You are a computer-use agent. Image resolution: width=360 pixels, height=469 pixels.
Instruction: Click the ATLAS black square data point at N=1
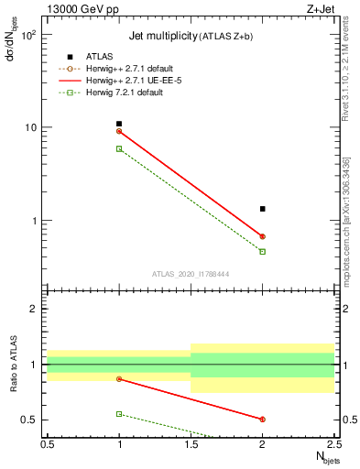pyautogui.click(x=119, y=124)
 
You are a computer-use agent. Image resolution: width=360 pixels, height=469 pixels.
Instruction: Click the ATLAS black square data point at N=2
pyautogui.click(x=263, y=209)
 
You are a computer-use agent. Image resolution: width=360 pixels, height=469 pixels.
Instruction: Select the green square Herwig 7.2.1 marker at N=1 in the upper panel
pyautogui.click(x=119, y=148)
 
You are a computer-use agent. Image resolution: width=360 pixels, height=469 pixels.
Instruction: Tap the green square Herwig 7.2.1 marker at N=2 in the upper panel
pyautogui.click(x=263, y=251)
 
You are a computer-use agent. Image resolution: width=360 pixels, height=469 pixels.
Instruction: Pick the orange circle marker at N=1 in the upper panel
pyautogui.click(x=119, y=131)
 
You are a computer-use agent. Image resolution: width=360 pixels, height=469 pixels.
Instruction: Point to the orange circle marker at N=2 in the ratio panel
pyautogui.click(x=263, y=420)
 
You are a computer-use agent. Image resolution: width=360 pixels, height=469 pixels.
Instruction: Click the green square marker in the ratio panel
pyautogui.click(x=119, y=414)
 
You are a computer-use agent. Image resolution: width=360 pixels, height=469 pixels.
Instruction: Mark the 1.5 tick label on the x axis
pyautogui.click(x=191, y=444)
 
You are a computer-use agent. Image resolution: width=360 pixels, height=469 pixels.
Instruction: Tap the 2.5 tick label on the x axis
pyautogui.click(x=334, y=444)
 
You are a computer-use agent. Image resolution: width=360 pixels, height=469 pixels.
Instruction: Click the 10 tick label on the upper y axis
pyautogui.click(x=31, y=127)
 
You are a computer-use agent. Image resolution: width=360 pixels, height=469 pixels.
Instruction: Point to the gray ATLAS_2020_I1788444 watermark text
pyautogui.click(x=191, y=273)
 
